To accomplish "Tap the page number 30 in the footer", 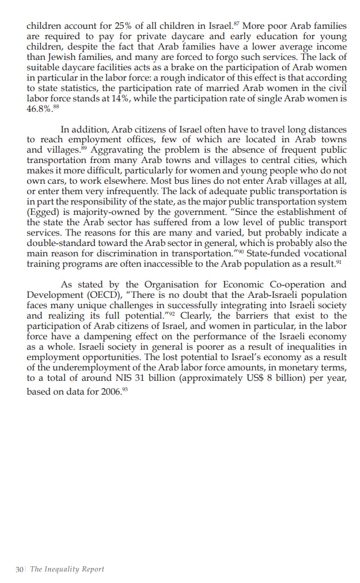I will pyautogui.click(x=19, y=569).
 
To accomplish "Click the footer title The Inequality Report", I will pyautogui.click(x=67, y=569).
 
